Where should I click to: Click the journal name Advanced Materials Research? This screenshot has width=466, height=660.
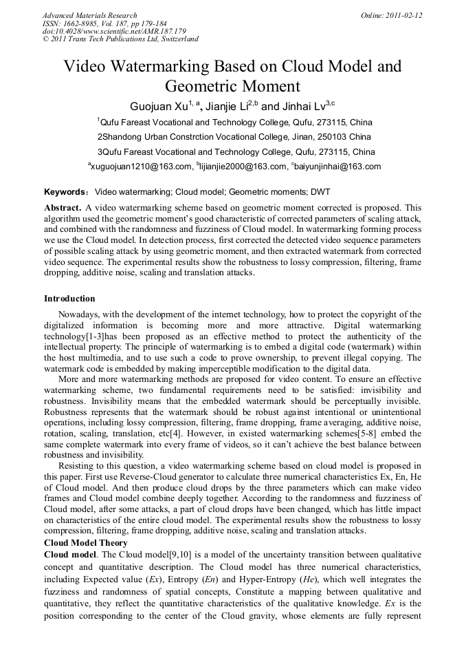90,15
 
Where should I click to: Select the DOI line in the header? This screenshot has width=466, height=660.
114,31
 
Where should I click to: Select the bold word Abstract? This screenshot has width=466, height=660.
63,207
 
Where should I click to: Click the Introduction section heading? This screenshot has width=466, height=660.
69,299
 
